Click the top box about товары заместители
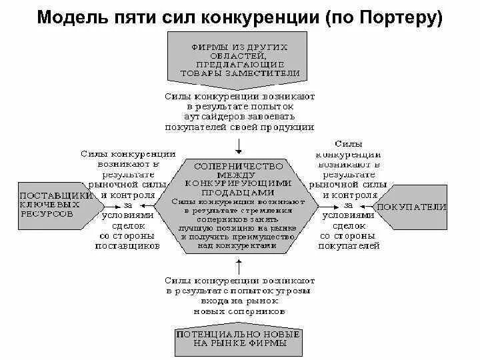coord(239,60)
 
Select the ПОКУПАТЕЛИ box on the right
coord(413,207)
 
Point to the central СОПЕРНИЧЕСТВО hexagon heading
coord(239,165)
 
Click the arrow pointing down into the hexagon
coord(239,143)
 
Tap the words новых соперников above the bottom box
coord(239,311)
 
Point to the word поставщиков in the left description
coord(127,245)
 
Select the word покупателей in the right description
coord(349,246)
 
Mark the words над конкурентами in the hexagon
coord(239,245)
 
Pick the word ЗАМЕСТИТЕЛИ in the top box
coord(267,73)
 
